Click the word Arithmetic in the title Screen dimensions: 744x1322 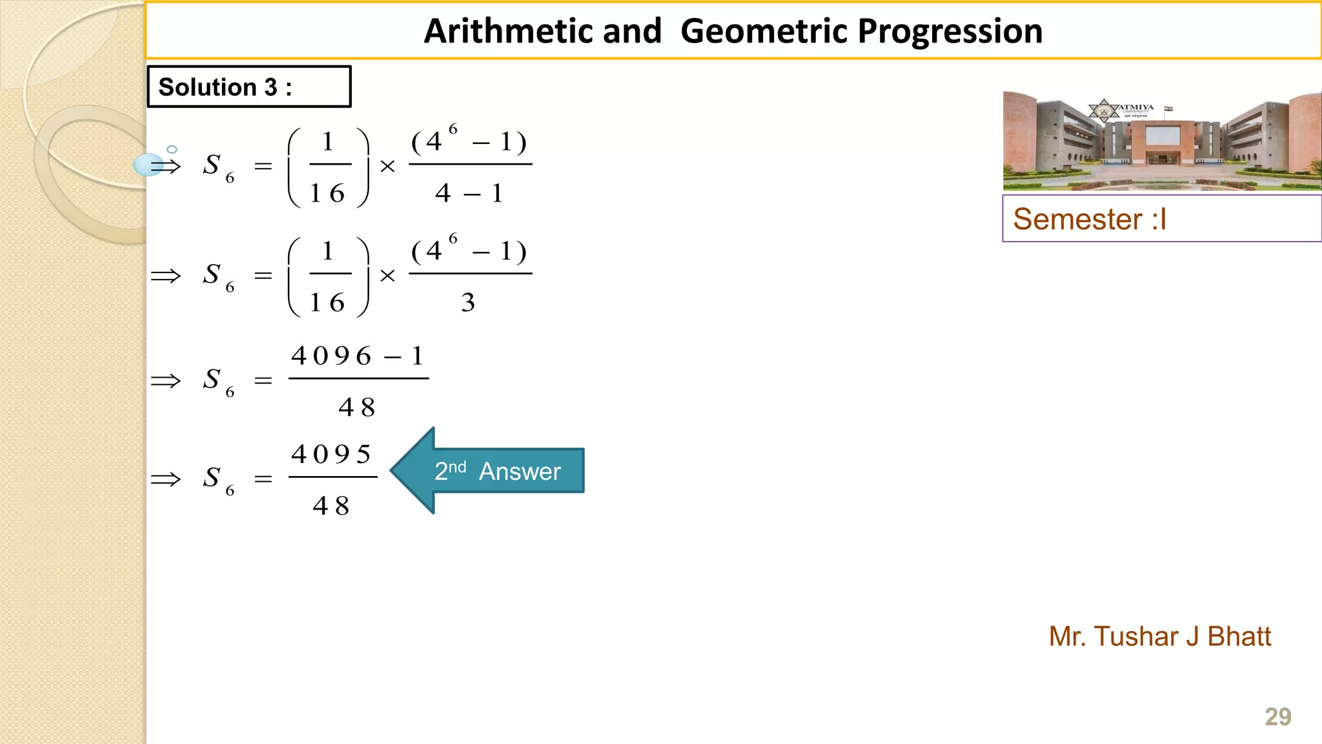pos(542,31)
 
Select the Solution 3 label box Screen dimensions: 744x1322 pos(249,87)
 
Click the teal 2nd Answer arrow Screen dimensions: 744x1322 pos(491,471)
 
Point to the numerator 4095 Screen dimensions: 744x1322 pos(332,454)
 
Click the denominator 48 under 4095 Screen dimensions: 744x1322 pos(331,506)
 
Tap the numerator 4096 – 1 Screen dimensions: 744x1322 pos(358,356)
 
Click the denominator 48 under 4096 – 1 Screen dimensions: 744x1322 pos(357,408)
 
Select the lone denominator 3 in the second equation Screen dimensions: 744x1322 pos(468,302)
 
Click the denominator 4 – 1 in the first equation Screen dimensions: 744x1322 pos(469,193)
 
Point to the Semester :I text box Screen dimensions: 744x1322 pos(1161,219)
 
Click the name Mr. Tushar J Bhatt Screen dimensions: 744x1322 pos(1159,636)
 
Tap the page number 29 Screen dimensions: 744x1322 pos(1277,717)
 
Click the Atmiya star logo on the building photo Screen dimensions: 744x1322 pos(1104,110)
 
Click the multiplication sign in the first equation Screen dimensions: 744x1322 pos(387,167)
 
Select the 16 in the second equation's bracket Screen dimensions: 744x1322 pos(328,302)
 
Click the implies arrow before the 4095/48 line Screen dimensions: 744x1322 pos(166,479)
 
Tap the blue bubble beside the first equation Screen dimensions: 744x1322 pos(148,165)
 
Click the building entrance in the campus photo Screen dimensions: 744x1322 pos(1161,158)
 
